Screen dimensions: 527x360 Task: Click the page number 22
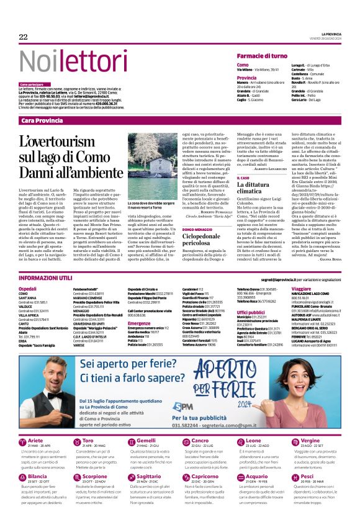[x=23, y=37]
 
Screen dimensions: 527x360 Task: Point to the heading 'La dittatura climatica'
[x=254, y=189]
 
